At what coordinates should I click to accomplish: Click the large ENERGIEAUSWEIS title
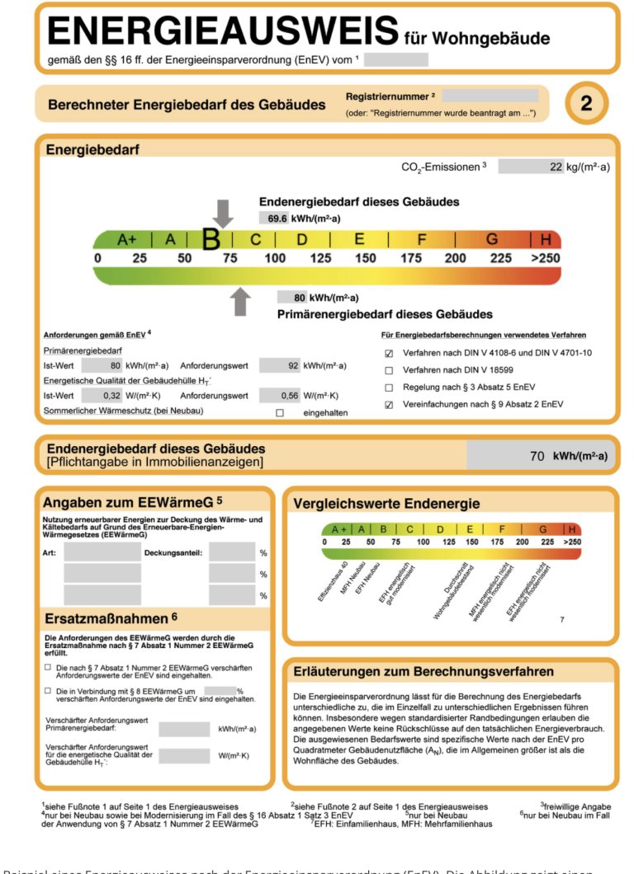point(223,32)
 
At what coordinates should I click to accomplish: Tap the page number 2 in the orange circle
point(586,103)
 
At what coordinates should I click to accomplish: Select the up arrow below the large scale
point(240,302)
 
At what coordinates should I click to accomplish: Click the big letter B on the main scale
point(211,240)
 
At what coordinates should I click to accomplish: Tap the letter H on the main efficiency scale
point(546,240)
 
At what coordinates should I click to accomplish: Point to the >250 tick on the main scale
point(546,258)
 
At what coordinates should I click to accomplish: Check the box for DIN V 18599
point(389,369)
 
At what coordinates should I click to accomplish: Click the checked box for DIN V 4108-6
point(389,353)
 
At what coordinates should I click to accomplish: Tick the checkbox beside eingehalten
point(280,412)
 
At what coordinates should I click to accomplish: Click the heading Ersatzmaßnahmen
point(110,618)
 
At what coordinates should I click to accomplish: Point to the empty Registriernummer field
point(490,96)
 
